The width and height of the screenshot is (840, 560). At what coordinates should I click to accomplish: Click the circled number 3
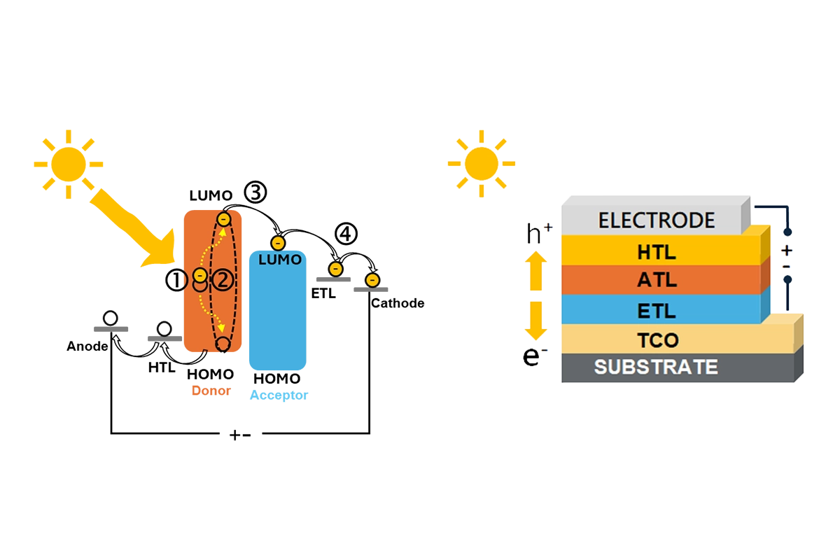click(x=255, y=192)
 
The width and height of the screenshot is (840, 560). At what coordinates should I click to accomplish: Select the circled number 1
click(x=176, y=280)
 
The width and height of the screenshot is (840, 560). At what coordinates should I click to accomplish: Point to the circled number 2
click(x=222, y=280)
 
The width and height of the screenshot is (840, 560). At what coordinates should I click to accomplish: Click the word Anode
click(x=87, y=346)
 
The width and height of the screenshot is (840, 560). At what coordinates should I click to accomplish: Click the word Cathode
click(x=398, y=303)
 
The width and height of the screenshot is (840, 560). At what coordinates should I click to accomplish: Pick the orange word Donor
click(x=211, y=391)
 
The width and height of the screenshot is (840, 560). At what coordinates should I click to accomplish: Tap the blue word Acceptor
click(x=279, y=395)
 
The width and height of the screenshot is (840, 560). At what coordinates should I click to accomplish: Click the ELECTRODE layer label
click(x=656, y=220)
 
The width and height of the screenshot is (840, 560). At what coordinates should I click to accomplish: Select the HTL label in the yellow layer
click(x=657, y=251)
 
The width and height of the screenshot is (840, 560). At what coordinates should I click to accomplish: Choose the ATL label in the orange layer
click(x=657, y=280)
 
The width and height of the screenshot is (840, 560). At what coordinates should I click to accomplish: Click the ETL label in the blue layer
click(x=657, y=309)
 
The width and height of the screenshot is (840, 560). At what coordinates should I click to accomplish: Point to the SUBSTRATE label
click(x=656, y=367)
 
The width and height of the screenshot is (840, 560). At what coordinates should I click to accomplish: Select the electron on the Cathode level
click(x=372, y=280)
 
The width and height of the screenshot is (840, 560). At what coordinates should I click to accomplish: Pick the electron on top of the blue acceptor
click(x=277, y=243)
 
